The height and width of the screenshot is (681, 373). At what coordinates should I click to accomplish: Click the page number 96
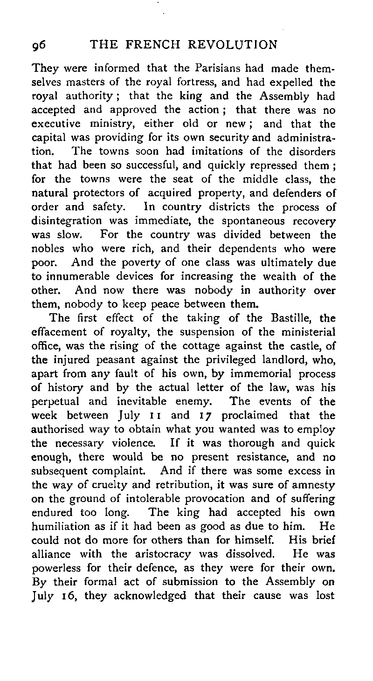click(x=39, y=46)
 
